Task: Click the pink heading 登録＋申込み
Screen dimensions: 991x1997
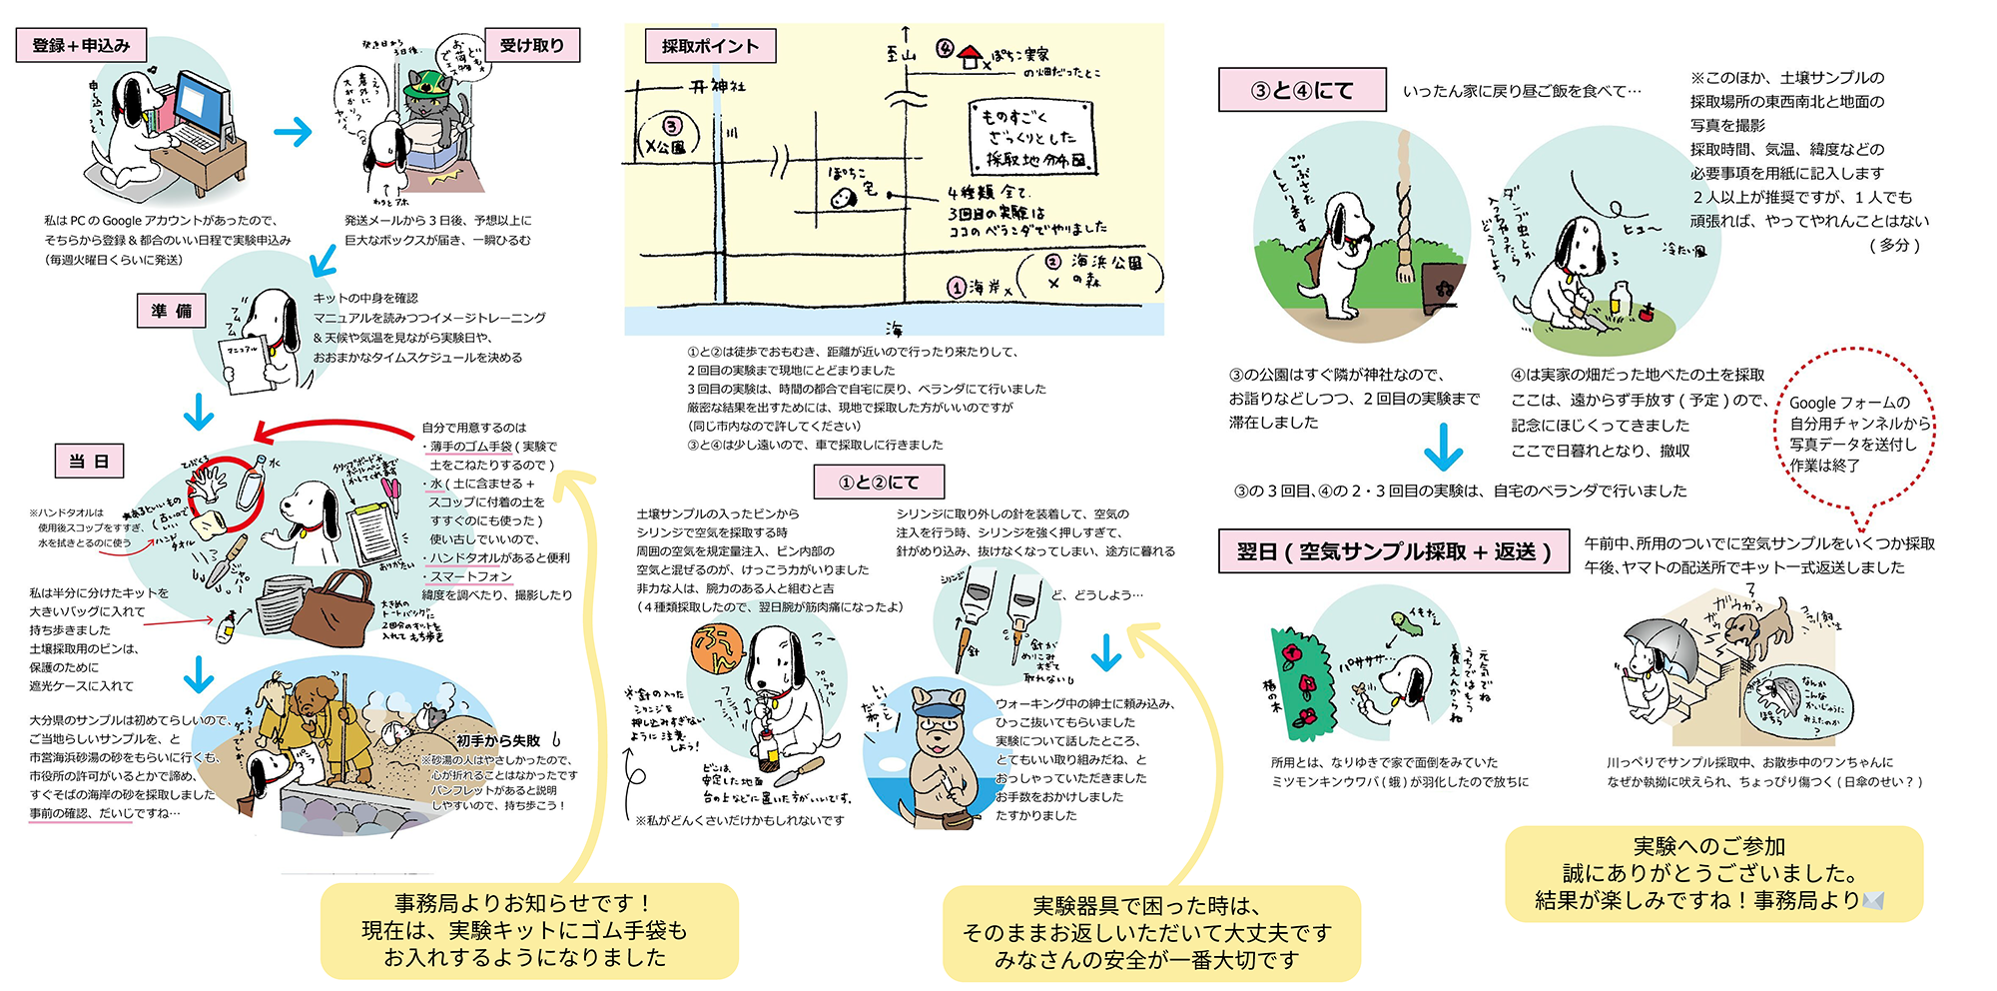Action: [81, 45]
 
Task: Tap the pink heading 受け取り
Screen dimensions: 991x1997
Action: [531, 45]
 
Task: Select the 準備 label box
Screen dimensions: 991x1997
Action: [171, 311]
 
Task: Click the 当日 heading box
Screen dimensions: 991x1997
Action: [89, 461]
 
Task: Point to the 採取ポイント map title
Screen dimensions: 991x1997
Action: [709, 46]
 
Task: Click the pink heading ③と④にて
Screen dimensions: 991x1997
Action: [1301, 90]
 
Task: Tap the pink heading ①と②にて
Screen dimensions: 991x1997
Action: [878, 482]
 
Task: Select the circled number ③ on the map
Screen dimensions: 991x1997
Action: [671, 126]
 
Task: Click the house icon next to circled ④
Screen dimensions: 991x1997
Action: [970, 57]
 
